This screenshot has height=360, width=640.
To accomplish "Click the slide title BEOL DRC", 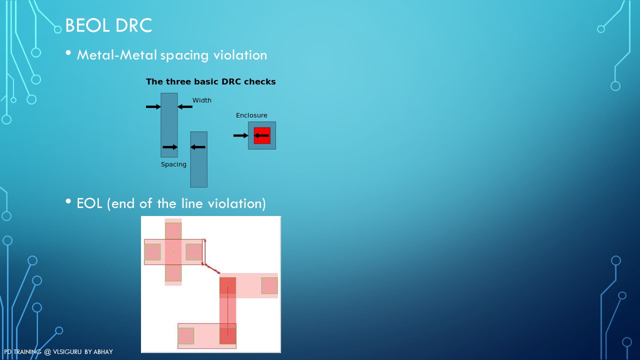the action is point(108,25).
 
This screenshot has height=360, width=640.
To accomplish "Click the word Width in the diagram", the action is point(201,100).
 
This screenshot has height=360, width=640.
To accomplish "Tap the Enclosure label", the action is point(251,115).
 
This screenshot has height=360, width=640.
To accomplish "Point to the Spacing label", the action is point(173,164).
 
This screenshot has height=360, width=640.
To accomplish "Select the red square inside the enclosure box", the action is point(262,135).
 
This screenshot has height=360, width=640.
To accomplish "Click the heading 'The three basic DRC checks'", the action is point(210,81).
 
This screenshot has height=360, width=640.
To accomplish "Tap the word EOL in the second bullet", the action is point(89,203).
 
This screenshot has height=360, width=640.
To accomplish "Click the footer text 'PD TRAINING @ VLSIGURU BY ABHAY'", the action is point(58,351).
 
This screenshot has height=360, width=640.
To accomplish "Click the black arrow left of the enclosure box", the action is point(240,135).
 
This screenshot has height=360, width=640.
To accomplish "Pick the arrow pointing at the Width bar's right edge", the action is point(185,107).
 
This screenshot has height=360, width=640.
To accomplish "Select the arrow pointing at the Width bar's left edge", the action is point(153,107).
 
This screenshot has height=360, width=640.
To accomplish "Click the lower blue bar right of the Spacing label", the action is point(199,159).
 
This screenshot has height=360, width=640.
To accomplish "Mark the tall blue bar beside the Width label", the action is point(169,125).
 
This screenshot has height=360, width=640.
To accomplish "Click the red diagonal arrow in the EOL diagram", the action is point(211,268).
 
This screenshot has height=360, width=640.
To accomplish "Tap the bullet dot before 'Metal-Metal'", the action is point(68,52).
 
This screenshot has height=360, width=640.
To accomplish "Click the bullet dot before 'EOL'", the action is point(68,201).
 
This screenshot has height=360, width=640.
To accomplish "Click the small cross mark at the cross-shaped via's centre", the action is point(173,252).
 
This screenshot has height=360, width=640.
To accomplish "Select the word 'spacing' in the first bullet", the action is point(184,55).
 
